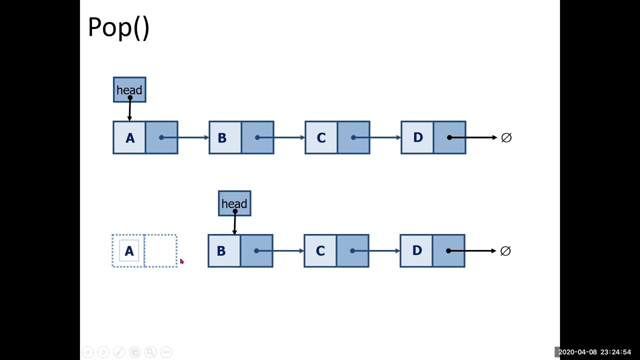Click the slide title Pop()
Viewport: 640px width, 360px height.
coord(118,27)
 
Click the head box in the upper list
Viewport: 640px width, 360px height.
coord(129,89)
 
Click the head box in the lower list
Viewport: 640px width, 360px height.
coord(234,203)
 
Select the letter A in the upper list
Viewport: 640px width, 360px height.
coord(130,138)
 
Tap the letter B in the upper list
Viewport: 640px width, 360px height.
coord(222,138)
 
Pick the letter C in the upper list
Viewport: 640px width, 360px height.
coord(321,138)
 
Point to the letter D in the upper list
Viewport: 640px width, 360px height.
coord(417,138)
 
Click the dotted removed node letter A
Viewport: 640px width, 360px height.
coord(129,251)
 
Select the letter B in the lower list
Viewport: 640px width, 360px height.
coord(221,251)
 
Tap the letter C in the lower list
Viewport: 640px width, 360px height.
coord(320,251)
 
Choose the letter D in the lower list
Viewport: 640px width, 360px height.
coord(416,251)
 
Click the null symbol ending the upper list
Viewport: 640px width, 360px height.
coord(506,137)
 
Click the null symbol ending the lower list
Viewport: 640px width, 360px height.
coord(505,250)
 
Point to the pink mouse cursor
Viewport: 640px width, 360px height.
coord(181,261)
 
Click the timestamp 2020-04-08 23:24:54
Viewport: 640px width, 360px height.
coord(594,352)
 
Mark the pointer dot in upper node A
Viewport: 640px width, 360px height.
coord(161,137)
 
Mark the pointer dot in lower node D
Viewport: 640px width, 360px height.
coord(448,250)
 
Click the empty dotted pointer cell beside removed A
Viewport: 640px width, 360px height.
coord(160,251)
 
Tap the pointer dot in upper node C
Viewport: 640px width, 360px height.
coord(353,137)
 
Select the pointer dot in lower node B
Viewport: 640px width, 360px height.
coord(256,250)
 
